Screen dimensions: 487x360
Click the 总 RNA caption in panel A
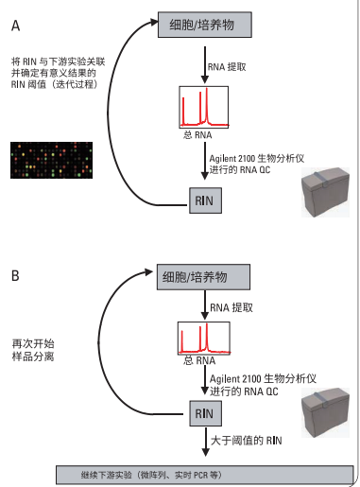(x=190, y=134)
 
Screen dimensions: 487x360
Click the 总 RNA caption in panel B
(x=190, y=363)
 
